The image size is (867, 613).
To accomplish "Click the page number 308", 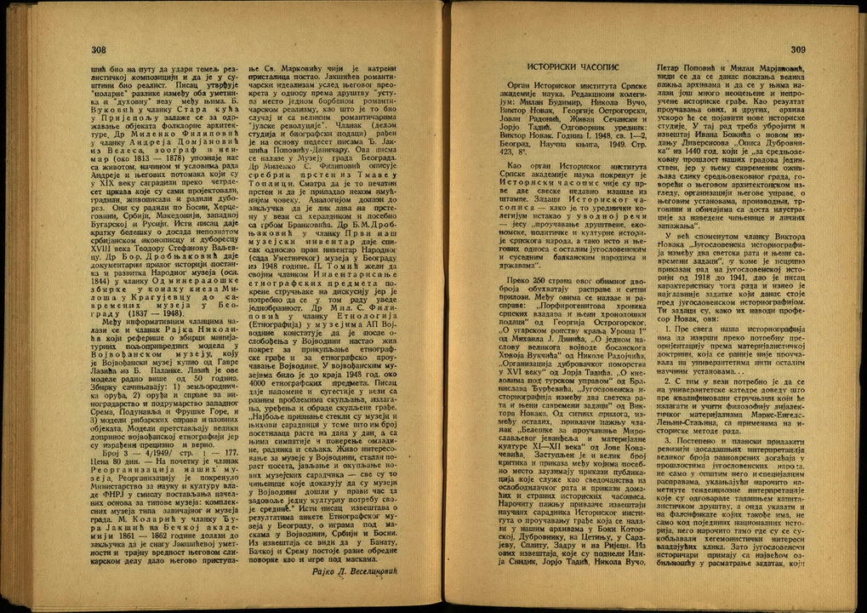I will (99, 50).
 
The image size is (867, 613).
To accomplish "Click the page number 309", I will (796, 51).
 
